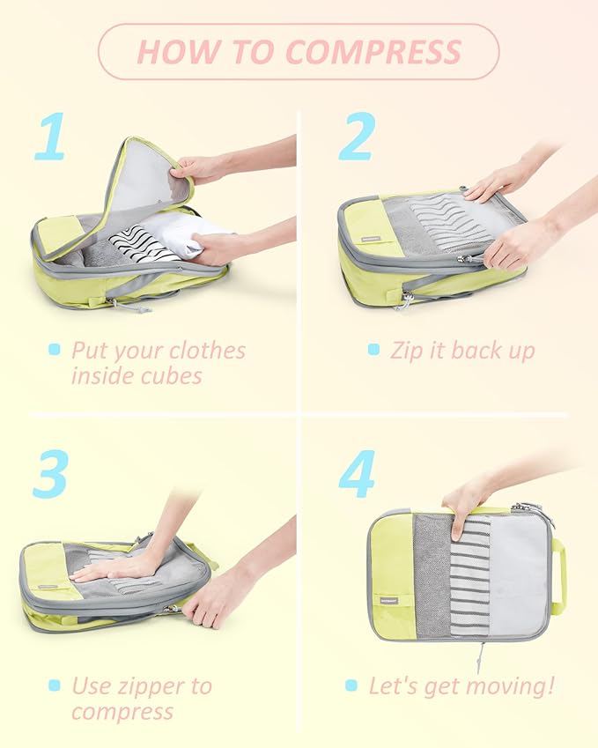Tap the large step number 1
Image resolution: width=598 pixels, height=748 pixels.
click(49, 137)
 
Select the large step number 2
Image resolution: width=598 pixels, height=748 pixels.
click(356, 137)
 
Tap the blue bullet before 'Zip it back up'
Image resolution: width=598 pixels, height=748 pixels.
click(373, 350)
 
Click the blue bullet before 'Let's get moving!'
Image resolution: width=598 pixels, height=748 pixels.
click(351, 685)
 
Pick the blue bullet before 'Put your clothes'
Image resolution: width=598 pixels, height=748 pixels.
click(55, 350)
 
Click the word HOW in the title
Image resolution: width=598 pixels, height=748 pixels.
click(175, 52)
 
